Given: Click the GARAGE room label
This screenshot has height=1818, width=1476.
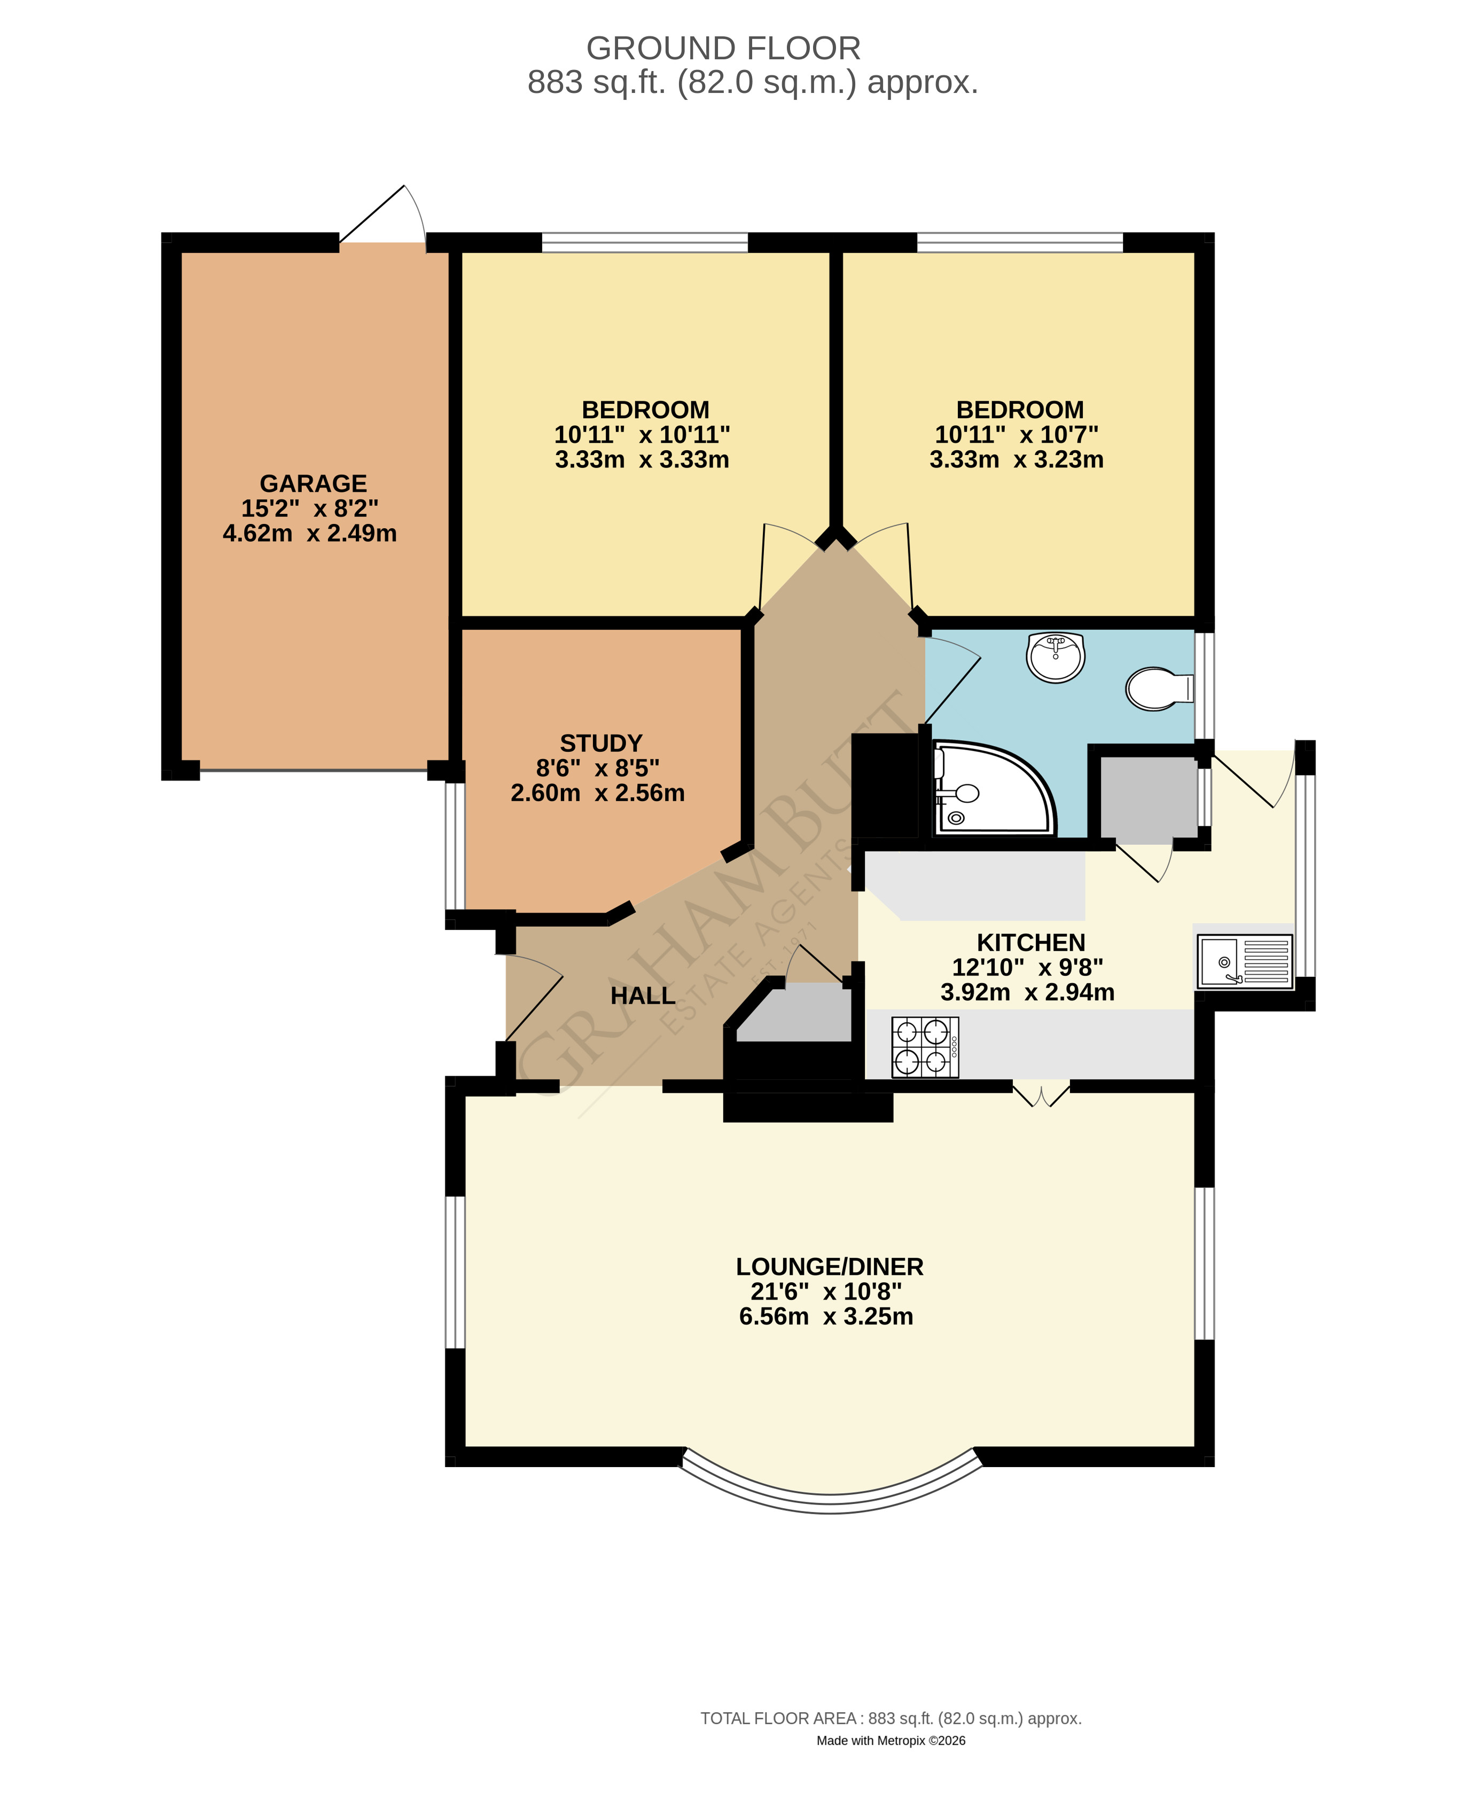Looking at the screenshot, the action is click(313, 484).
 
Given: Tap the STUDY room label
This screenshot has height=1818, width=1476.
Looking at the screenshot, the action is click(601, 743).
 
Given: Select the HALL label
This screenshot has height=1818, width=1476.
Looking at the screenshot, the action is click(643, 996).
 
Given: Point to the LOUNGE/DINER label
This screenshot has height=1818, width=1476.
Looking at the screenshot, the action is click(830, 1266).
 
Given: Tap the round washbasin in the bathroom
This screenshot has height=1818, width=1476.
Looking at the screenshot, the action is click(1055, 657).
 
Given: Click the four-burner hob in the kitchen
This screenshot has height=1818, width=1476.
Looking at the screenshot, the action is click(925, 1047).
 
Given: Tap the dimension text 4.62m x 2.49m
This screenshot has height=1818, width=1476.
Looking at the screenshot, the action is click(309, 533).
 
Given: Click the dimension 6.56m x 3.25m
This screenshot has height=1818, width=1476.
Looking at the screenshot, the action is click(825, 1317).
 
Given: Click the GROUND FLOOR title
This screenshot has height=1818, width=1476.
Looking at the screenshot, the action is click(723, 49).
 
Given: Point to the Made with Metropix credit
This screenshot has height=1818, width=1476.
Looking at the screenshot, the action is click(891, 1741).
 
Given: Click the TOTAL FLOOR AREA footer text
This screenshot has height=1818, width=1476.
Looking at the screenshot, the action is click(891, 1719).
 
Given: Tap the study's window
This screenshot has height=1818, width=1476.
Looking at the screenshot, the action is click(456, 845).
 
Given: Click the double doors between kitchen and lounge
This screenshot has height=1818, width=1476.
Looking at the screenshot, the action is click(1041, 1094).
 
